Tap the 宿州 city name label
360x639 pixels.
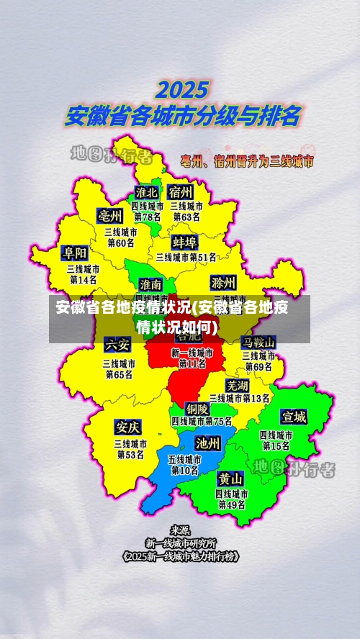click(x=181, y=192)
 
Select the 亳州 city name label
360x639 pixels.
click(x=111, y=216)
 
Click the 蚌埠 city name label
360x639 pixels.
click(x=185, y=241)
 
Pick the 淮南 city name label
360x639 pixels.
click(x=150, y=284)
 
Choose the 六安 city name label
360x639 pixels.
click(x=117, y=343)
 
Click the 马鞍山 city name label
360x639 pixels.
click(x=258, y=341)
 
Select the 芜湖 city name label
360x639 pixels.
click(x=237, y=385)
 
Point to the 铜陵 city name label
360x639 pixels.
click(x=198, y=408)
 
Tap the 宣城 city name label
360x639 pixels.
click(x=294, y=417)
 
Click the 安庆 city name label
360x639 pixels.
click(x=128, y=427)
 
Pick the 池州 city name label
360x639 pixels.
click(x=208, y=443)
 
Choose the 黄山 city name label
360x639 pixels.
click(x=231, y=479)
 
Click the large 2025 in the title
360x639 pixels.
click(x=183, y=90)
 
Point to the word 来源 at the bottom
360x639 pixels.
click(x=180, y=530)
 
